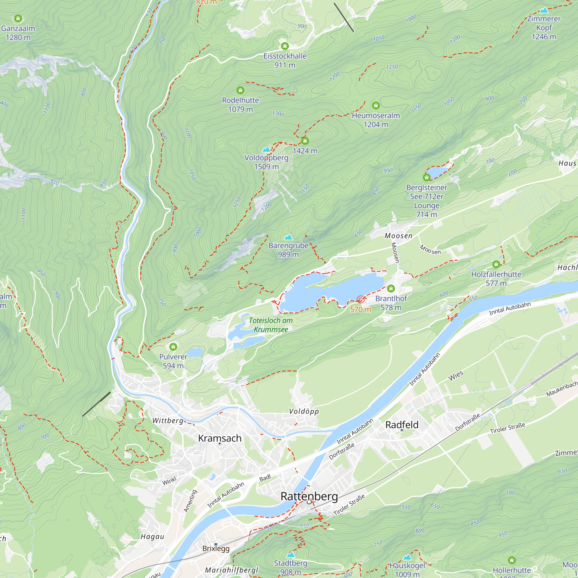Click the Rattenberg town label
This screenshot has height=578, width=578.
(x=309, y=496)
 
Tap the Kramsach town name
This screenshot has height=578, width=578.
(x=220, y=438)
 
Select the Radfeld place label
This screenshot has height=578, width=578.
(x=401, y=425)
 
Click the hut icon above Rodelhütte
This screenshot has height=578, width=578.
(x=240, y=90)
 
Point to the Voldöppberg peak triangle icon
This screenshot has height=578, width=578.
(x=266, y=149)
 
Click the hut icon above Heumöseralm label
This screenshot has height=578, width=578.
(x=375, y=105)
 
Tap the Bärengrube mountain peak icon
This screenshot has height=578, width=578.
(x=288, y=237)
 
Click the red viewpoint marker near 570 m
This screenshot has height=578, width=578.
(x=360, y=299)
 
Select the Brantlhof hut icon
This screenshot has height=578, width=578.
(x=391, y=288)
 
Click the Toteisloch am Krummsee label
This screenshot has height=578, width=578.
(x=271, y=325)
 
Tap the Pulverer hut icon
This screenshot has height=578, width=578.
(x=173, y=347)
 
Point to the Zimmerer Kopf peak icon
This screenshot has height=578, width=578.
(x=544, y=10)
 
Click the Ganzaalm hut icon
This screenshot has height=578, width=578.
(x=18, y=18)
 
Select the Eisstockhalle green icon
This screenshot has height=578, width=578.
(x=284, y=46)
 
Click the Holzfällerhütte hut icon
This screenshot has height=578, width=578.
(x=496, y=264)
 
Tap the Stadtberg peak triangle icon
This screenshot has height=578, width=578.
(x=290, y=555)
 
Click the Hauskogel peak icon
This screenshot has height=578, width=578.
(x=407, y=557)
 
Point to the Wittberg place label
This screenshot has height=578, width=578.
(x=168, y=420)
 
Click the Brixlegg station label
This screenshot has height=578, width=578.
(x=216, y=549)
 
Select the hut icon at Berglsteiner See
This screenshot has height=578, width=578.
(x=426, y=177)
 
